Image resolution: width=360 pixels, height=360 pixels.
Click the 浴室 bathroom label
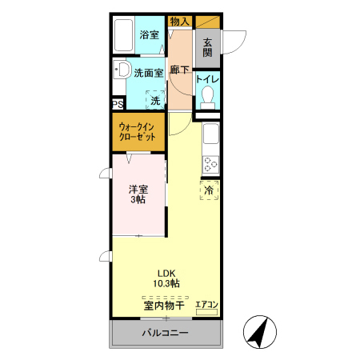150,34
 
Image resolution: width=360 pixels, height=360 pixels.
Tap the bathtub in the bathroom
123,35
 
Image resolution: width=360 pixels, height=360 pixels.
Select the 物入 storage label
180,22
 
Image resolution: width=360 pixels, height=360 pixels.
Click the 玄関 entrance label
207,47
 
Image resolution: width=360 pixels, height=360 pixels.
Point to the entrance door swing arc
240,46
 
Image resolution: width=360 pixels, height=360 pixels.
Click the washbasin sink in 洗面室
122,70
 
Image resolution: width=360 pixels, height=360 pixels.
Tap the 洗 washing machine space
155,100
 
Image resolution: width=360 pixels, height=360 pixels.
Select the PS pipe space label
118,104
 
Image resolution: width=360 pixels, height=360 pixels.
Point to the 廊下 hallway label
179,70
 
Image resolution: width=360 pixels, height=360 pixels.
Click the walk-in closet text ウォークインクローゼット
137,131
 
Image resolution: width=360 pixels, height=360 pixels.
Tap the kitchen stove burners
210,165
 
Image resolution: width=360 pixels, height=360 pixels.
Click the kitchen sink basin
211,134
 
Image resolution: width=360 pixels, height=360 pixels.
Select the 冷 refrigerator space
210,190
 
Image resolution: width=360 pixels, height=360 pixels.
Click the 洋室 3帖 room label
138,194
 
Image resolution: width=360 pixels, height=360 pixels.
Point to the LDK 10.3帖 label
166,278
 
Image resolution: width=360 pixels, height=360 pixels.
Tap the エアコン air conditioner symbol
206,308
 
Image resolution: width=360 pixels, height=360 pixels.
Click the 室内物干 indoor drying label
164,306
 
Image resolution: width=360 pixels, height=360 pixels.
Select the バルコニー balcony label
165,333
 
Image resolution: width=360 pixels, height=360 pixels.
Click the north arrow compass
260,332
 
